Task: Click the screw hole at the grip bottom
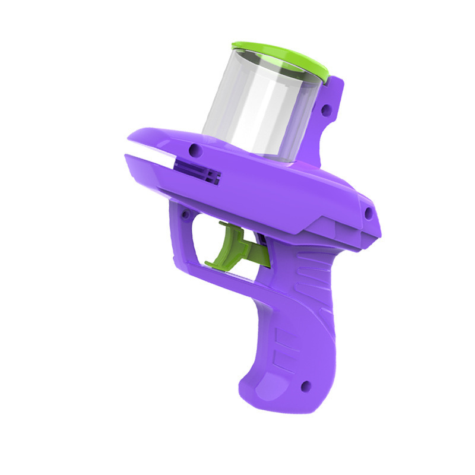click(306, 387)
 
